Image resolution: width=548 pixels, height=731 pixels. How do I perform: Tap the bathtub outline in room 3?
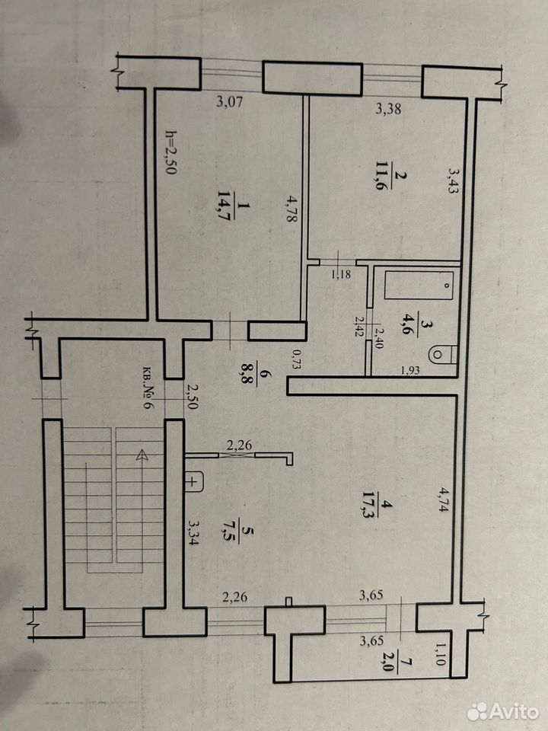pyautogui.click(x=419, y=285)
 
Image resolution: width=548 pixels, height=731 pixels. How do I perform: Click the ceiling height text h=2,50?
pyautogui.click(x=170, y=152)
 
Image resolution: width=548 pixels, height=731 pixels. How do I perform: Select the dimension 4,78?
pyautogui.click(x=289, y=209)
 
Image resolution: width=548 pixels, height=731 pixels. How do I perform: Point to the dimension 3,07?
pyautogui.click(x=230, y=101)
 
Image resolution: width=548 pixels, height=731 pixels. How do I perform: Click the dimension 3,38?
pyautogui.click(x=389, y=110)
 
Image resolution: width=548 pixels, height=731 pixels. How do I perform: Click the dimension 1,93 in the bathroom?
pyautogui.click(x=410, y=371)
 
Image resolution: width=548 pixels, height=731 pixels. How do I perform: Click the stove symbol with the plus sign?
pyautogui.click(x=195, y=481)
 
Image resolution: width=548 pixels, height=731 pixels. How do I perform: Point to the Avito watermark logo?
pyautogui.click(x=503, y=711)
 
